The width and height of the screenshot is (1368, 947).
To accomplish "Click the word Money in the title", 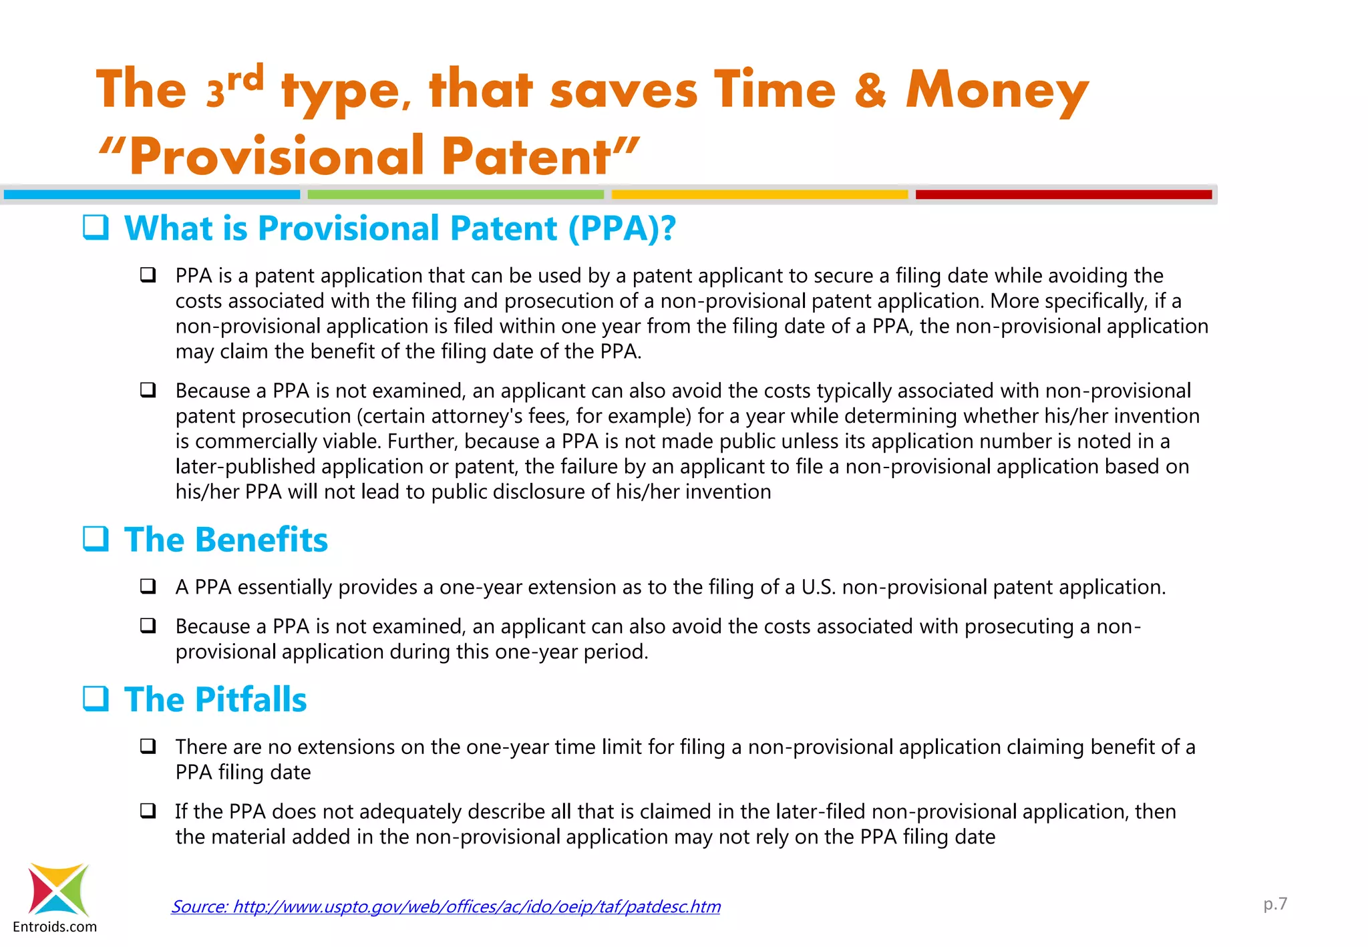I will pyautogui.click(x=997, y=90).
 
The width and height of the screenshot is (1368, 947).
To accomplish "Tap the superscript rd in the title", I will pyautogui.click(x=245, y=79).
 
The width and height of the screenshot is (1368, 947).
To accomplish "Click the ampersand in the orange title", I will pyautogui.click(x=870, y=90).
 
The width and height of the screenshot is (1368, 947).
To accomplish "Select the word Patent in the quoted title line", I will pyautogui.click(x=526, y=156).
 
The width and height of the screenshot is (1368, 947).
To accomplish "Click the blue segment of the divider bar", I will pyautogui.click(x=152, y=194).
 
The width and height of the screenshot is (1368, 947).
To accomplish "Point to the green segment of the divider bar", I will pyautogui.click(x=456, y=194).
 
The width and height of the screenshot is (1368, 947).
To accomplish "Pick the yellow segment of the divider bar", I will pyautogui.click(x=759, y=194).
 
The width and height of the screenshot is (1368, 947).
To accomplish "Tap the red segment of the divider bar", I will pyautogui.click(x=1063, y=194).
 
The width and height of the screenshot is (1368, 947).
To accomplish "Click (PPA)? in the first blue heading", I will pyautogui.click(x=622, y=228).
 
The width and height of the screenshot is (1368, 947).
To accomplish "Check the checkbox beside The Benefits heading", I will pyautogui.click(x=96, y=538).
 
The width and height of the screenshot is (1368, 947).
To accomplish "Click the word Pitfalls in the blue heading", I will pyautogui.click(x=251, y=699).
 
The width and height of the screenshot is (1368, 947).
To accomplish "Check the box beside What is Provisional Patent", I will pyautogui.click(x=96, y=227).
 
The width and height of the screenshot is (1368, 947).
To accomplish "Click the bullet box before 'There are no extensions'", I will pyautogui.click(x=148, y=746).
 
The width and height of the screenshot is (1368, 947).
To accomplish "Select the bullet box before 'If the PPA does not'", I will pyautogui.click(x=148, y=811).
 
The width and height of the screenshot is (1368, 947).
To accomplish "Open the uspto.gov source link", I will pyautogui.click(x=446, y=906).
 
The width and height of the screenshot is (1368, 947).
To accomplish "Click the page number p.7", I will pyautogui.click(x=1274, y=904).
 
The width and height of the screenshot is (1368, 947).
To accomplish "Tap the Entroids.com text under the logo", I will pyautogui.click(x=55, y=927).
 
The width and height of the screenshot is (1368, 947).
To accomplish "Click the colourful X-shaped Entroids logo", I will pyautogui.click(x=58, y=890).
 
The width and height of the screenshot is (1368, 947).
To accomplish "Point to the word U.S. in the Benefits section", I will pyautogui.click(x=818, y=587).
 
